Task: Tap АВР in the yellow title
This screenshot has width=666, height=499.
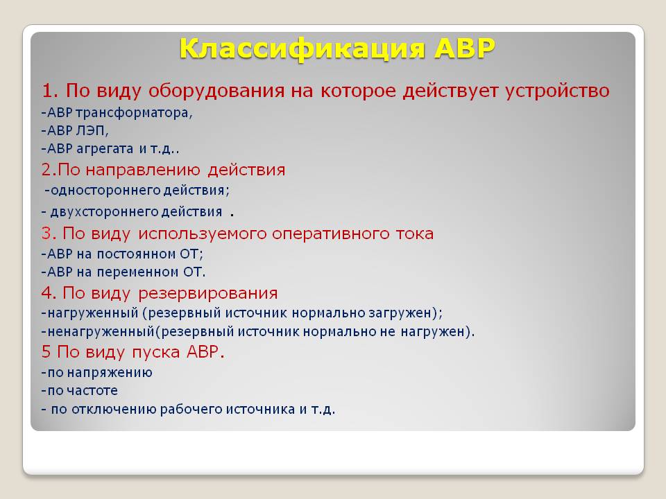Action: pyautogui.click(x=465, y=48)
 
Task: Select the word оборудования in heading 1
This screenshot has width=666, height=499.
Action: pyautogui.click(x=216, y=91)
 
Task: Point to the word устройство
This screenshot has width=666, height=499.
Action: pyautogui.click(x=557, y=91)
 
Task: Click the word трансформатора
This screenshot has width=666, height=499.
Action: pyautogui.click(x=134, y=113)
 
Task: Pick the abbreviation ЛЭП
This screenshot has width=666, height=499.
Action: pyautogui.click(x=92, y=131)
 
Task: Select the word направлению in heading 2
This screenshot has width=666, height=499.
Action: pyautogui.click(x=143, y=170)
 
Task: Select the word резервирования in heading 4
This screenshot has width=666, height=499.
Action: pyautogui.click(x=207, y=294)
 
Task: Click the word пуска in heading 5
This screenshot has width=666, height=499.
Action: pyautogui.click(x=155, y=353)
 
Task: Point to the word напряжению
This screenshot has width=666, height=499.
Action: pyautogui.click(x=110, y=373)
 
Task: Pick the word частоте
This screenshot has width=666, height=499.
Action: pyautogui.click(x=92, y=391)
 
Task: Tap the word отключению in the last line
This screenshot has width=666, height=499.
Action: pyautogui.click(x=114, y=410)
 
